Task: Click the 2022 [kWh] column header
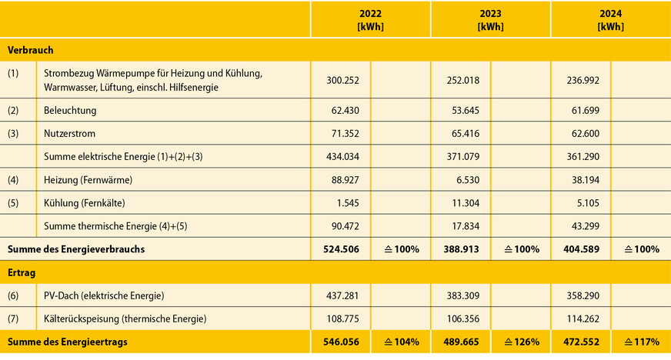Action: coord(370,19)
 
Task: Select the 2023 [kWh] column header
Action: coord(490,19)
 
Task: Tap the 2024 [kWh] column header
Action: coord(610,19)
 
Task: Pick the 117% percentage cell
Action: coord(640,342)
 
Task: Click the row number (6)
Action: coord(15,295)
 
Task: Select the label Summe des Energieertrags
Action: coord(67,342)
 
